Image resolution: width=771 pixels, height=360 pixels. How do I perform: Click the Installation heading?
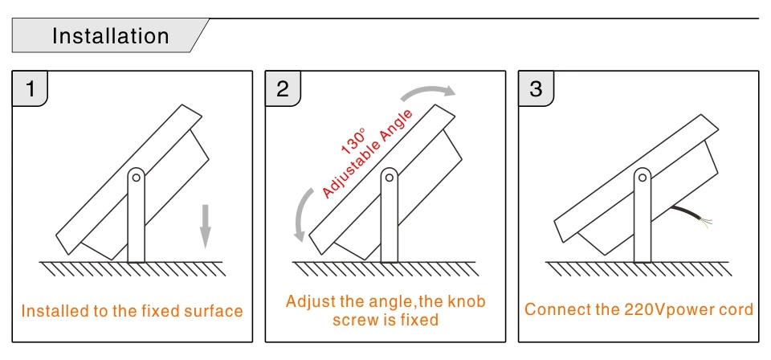[x=111, y=37]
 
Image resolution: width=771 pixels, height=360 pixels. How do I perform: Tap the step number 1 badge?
[x=31, y=88]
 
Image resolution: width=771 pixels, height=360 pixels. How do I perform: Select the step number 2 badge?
[x=283, y=88]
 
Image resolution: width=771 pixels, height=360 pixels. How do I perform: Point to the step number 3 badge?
[x=536, y=88]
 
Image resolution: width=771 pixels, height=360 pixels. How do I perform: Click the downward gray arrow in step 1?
[x=206, y=225]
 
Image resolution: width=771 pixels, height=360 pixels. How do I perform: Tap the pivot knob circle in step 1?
[x=137, y=177]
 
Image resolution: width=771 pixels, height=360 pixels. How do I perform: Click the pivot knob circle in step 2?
[x=390, y=177]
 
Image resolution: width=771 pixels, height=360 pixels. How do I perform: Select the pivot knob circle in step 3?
[x=643, y=177]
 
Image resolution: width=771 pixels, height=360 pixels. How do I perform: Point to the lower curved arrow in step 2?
[x=304, y=212]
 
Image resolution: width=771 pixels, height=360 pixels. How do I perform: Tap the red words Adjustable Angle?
[x=369, y=152]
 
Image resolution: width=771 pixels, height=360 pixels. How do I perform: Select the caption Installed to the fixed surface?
[x=132, y=311]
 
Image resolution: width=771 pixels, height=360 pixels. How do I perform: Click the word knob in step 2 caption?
[x=467, y=303]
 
